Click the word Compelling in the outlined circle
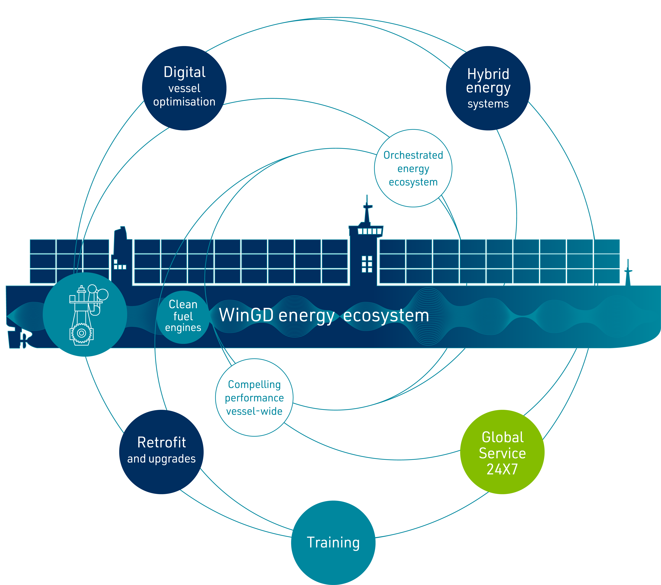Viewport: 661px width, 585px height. (254, 384)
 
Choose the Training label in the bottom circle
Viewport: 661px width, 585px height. (333, 542)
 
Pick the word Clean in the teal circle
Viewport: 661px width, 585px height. (183, 304)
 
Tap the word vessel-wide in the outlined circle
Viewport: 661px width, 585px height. (254, 411)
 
